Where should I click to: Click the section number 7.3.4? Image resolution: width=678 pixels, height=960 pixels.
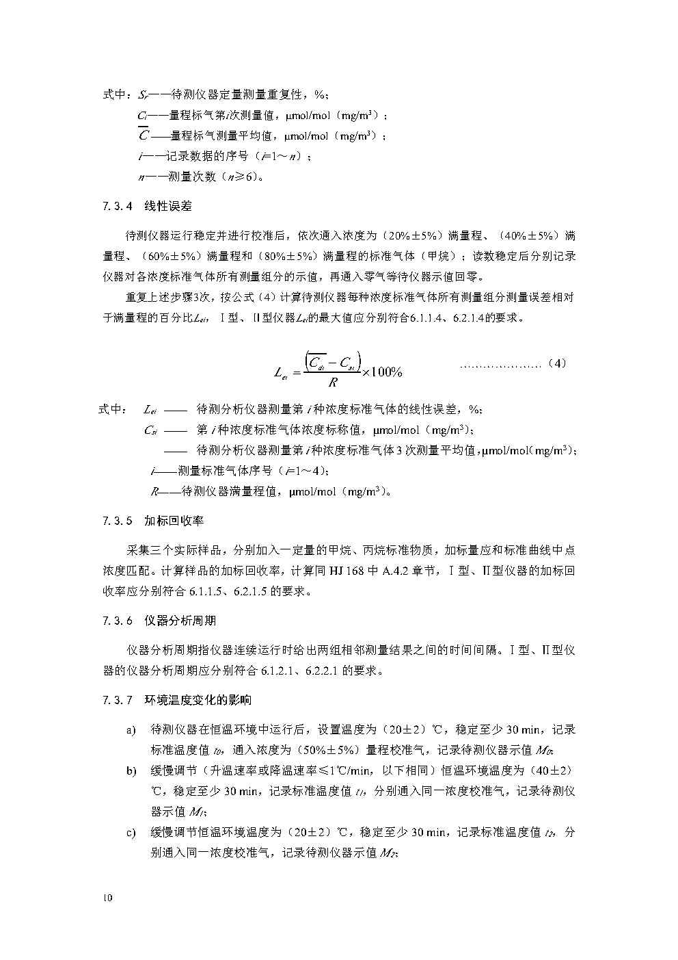tap(117, 205)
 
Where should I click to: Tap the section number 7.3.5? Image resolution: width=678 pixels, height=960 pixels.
tap(117, 521)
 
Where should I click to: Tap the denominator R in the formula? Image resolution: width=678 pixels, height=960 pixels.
tap(333, 382)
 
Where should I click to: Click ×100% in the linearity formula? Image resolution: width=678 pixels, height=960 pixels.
tap(382, 372)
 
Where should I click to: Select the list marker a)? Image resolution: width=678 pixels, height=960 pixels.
tap(131, 731)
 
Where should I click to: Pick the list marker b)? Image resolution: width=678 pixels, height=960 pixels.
tap(131, 771)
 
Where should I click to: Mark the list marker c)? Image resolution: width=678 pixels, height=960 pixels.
tap(131, 833)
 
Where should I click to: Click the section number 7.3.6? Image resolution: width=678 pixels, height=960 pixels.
tap(117, 621)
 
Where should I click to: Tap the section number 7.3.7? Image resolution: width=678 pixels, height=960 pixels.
tap(117, 700)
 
